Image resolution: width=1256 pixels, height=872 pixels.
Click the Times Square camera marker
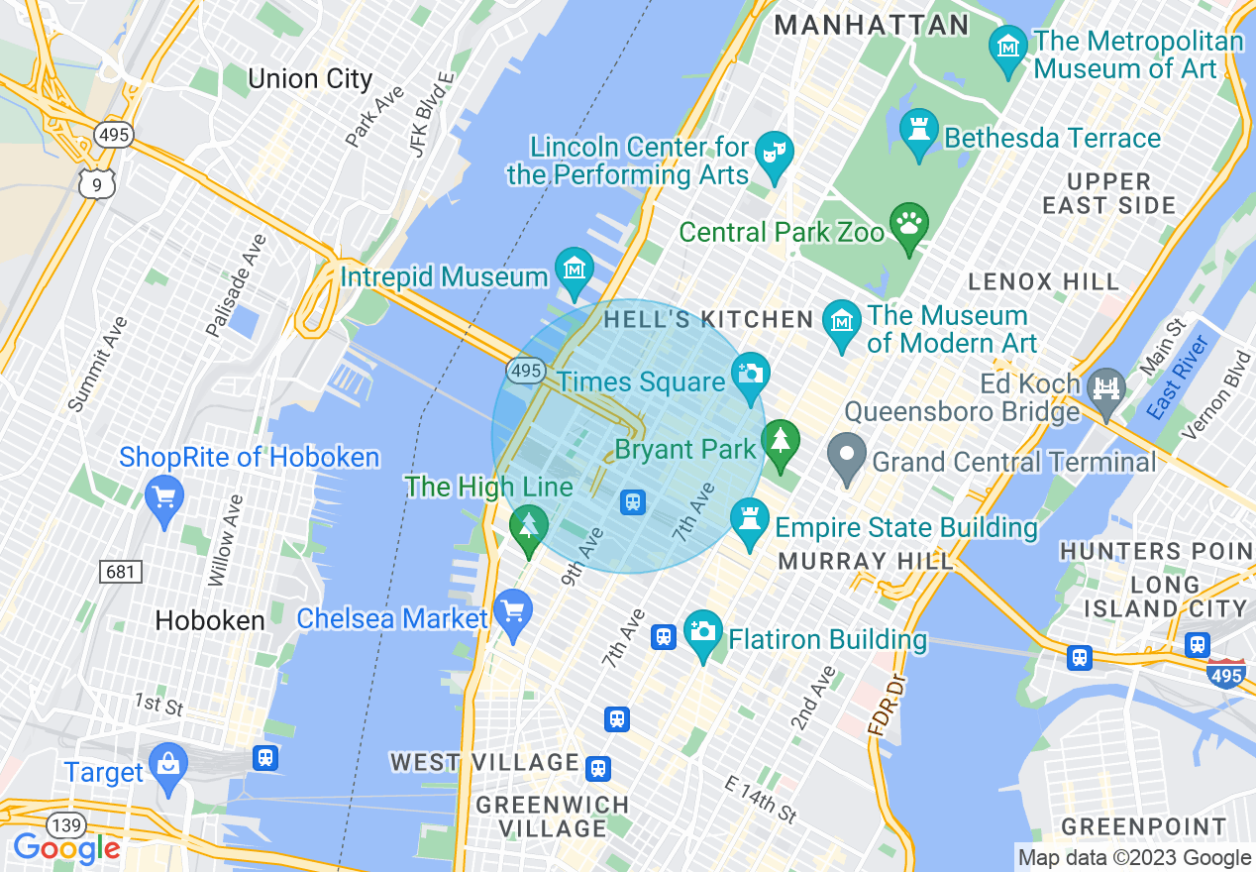(x=751, y=373)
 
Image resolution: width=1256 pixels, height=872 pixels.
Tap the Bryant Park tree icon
(x=781, y=441)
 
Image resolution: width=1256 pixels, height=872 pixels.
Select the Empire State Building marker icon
(x=749, y=519)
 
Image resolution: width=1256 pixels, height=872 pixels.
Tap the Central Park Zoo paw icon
(x=908, y=223)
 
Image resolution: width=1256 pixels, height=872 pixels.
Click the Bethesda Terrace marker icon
(x=918, y=130)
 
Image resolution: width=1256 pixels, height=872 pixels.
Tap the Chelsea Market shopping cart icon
(x=512, y=609)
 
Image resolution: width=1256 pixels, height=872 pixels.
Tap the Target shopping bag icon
(x=168, y=764)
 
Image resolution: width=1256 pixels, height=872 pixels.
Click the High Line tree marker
(x=529, y=524)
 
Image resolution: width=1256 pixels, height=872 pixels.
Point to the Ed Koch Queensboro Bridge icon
(x=1104, y=387)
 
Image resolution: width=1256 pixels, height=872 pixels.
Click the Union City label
(x=310, y=79)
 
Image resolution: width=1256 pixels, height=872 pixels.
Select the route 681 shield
(x=120, y=572)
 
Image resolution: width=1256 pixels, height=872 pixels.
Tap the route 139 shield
(x=66, y=824)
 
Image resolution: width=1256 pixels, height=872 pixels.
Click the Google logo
(x=66, y=848)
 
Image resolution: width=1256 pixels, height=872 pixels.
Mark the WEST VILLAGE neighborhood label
(x=484, y=762)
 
